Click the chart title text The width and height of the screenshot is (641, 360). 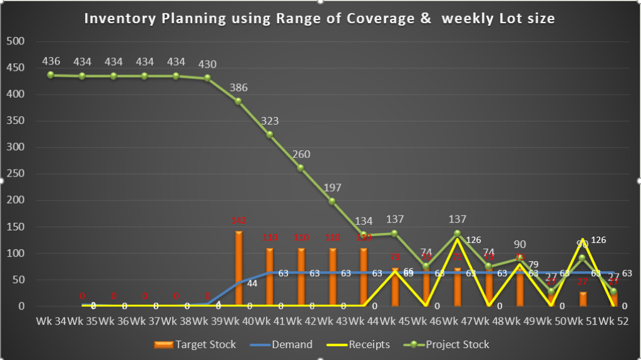319,18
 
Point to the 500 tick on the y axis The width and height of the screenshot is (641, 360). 16,41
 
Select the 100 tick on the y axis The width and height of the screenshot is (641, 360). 16,254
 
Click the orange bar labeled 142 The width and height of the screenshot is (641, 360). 238,269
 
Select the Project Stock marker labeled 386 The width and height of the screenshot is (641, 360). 238,101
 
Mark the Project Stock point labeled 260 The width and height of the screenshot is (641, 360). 301,168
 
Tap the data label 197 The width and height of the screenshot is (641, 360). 332,188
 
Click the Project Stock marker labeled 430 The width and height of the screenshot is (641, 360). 207,78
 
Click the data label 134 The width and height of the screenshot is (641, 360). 364,221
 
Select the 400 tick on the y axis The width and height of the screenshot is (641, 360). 16,95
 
